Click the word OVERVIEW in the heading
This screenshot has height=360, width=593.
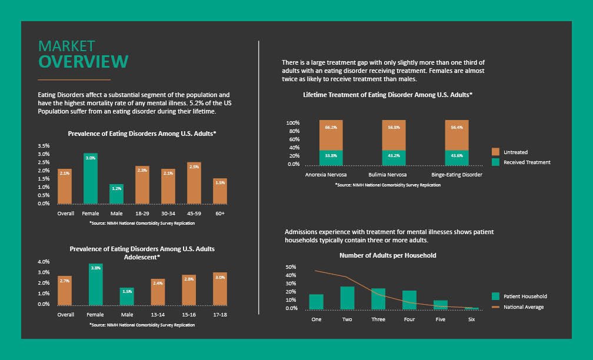(83, 61)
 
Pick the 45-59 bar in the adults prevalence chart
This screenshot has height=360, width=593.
(194, 183)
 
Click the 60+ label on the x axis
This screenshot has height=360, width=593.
(220, 214)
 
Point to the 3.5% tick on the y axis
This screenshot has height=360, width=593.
(44, 145)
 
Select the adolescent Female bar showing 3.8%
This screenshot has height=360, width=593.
(95, 284)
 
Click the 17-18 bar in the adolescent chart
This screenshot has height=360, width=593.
(220, 289)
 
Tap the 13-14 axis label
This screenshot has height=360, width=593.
(158, 314)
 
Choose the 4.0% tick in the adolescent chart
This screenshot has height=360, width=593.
(44, 261)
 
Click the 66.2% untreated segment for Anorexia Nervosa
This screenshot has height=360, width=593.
(331, 135)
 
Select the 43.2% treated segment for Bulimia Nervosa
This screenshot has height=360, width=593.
(394, 158)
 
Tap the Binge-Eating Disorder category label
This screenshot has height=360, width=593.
(457, 175)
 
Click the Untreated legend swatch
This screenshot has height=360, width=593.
(495, 152)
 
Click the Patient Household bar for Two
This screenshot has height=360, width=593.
(347, 298)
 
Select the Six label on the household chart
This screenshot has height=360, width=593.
(472, 319)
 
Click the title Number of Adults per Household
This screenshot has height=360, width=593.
(388, 255)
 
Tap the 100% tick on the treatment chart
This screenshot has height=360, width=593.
(293, 123)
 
